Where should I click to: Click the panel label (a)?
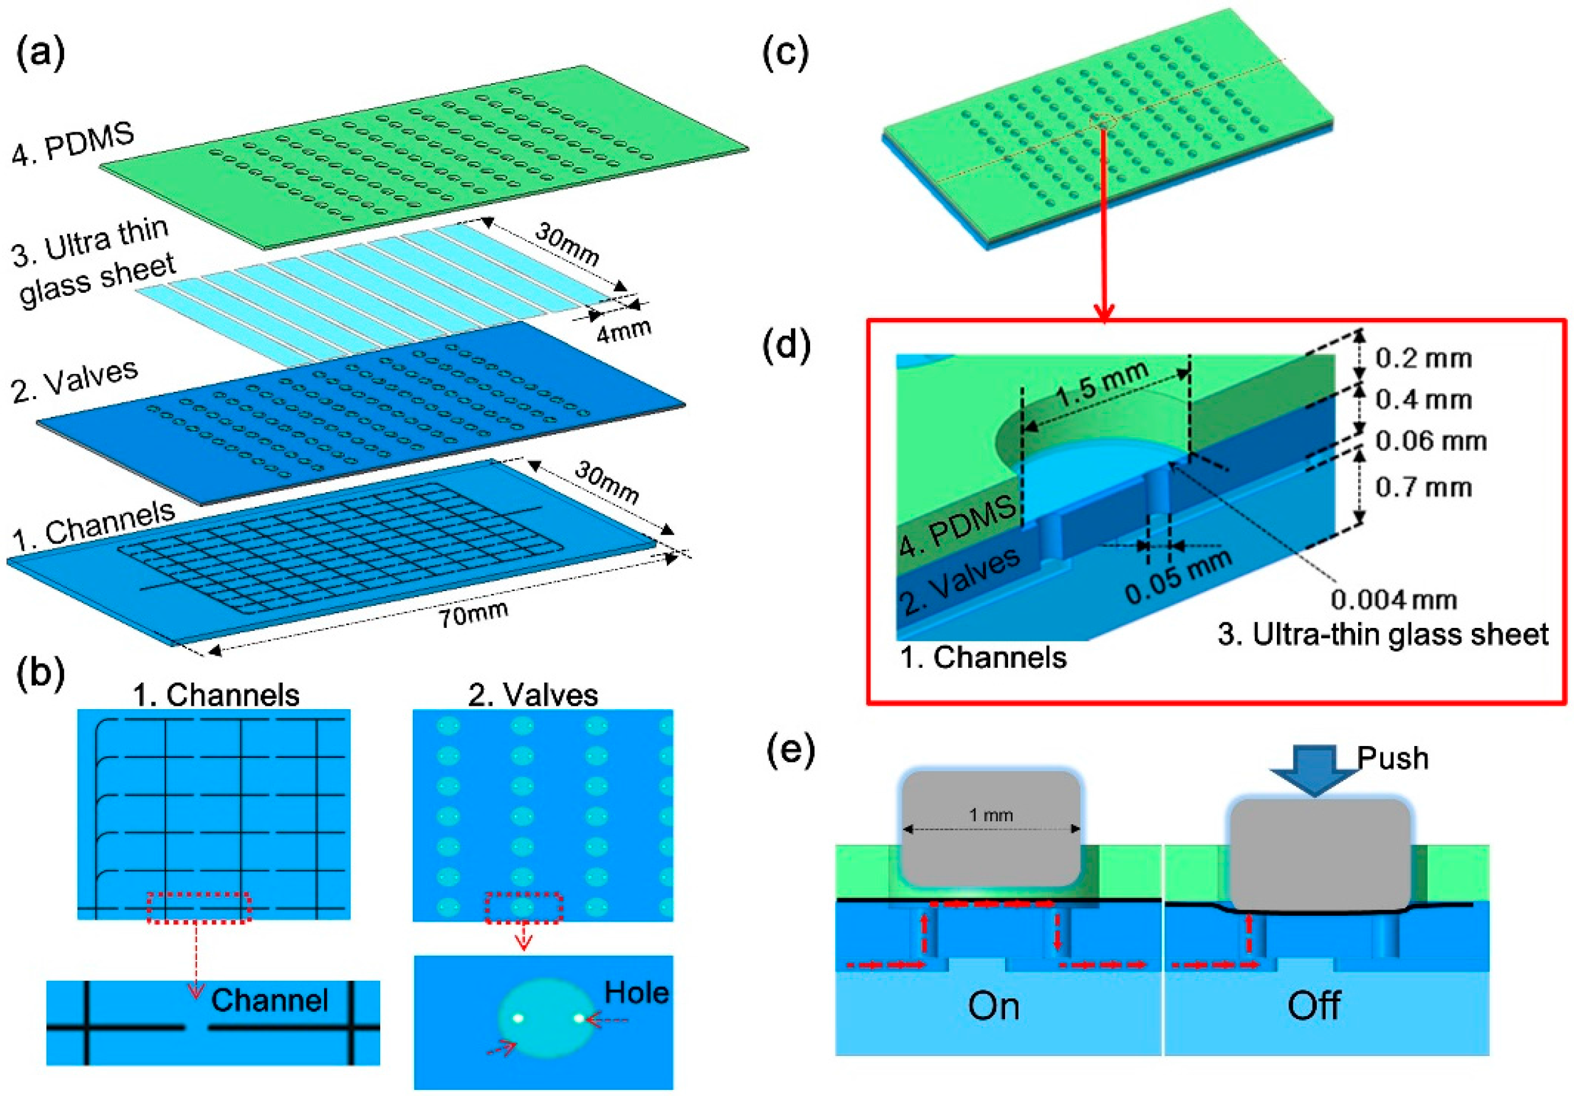tap(40, 53)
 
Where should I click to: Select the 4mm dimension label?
tap(623, 331)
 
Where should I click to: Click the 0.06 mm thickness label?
tap(1431, 441)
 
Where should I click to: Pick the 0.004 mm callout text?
tap(1394, 600)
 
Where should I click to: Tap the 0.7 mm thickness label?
tap(1424, 487)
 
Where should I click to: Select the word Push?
tap(1393, 759)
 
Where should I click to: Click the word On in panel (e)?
tap(993, 1007)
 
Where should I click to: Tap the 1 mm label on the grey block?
tap(991, 815)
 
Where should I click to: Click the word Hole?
tap(636, 993)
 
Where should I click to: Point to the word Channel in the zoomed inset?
tap(269, 1001)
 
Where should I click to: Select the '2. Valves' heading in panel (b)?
tap(533, 696)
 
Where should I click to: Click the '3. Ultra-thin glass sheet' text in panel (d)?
tap(1383, 634)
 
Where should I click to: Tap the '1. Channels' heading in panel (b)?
tap(216, 696)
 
